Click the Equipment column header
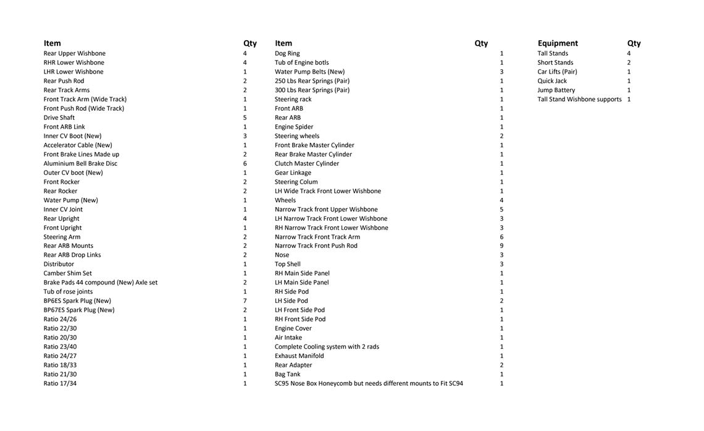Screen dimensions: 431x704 click(558, 43)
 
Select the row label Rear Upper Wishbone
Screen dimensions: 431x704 click(74, 53)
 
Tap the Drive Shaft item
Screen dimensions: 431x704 click(59, 117)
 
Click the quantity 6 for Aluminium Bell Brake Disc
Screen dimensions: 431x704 click(245, 163)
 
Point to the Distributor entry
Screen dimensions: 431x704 click(59, 264)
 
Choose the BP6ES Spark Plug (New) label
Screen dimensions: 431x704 click(77, 301)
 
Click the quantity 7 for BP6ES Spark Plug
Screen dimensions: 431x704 click(245, 301)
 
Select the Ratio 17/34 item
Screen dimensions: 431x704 click(60, 383)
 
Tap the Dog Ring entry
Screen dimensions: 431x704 click(287, 53)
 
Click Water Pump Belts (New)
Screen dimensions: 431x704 click(309, 72)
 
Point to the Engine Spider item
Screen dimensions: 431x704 click(294, 127)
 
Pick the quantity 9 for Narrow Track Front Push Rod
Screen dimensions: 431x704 click(501, 245)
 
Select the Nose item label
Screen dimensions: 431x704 click(282, 255)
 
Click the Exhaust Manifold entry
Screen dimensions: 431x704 click(299, 356)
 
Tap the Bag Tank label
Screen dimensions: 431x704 click(287, 374)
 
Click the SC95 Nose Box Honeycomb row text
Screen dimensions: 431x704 click(369, 383)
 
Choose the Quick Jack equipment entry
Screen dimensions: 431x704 click(552, 81)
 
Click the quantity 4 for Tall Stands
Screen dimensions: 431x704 click(629, 53)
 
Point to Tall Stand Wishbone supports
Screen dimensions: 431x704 click(579, 99)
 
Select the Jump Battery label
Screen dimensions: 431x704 click(556, 90)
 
